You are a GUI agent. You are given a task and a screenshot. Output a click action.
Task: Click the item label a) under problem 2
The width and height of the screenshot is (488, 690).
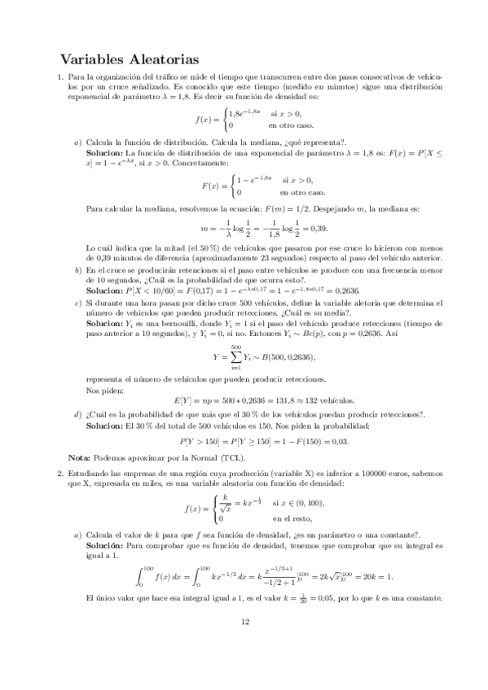(77, 533)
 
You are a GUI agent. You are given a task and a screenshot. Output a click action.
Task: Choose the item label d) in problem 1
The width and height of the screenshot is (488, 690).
(77, 415)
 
